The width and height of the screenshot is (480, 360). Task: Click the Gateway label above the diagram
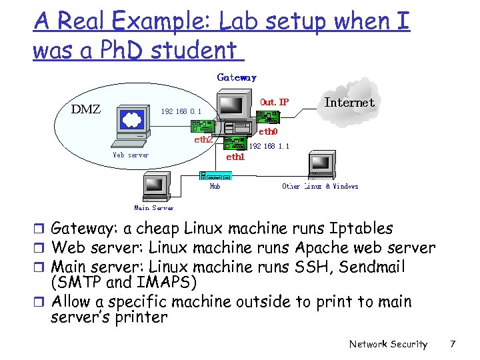[237, 77]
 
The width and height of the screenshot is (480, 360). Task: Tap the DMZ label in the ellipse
[86, 109]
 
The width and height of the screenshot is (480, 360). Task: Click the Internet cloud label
[349, 102]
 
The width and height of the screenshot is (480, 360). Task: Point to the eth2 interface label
[203, 140]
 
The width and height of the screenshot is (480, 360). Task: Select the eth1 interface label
[235, 157]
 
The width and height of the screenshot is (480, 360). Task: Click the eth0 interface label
[268, 133]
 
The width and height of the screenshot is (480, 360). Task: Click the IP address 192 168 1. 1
[269, 145]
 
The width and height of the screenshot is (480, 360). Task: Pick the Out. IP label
[275, 102]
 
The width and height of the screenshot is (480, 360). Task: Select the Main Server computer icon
[155, 186]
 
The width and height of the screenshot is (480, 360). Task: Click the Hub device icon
[215, 177]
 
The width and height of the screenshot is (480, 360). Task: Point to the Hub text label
[215, 187]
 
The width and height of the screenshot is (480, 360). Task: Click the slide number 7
[453, 344]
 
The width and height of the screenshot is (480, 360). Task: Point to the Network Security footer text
[388, 344]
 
